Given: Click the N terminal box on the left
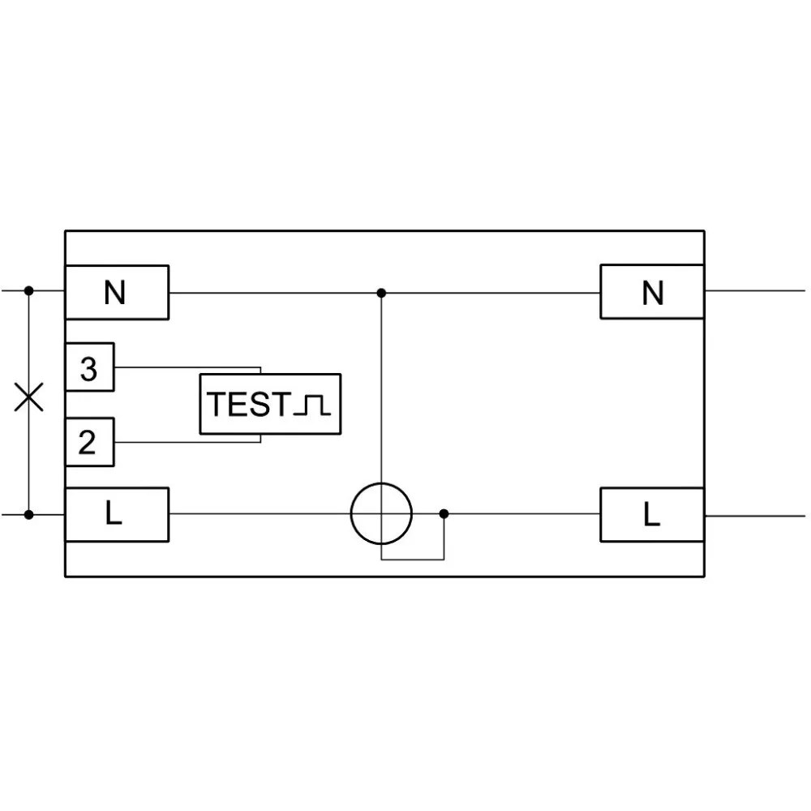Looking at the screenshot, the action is click(x=117, y=292).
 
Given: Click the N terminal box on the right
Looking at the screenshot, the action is click(x=652, y=292).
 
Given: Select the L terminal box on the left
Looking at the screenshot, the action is click(x=117, y=515).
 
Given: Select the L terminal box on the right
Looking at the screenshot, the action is click(x=652, y=515).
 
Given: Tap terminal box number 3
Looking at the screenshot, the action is click(x=89, y=367).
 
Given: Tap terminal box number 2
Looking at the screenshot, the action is click(x=89, y=442).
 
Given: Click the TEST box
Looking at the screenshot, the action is click(x=270, y=404).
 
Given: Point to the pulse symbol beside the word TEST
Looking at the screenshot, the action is click(x=311, y=405).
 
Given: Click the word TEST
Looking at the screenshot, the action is click(x=248, y=405).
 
